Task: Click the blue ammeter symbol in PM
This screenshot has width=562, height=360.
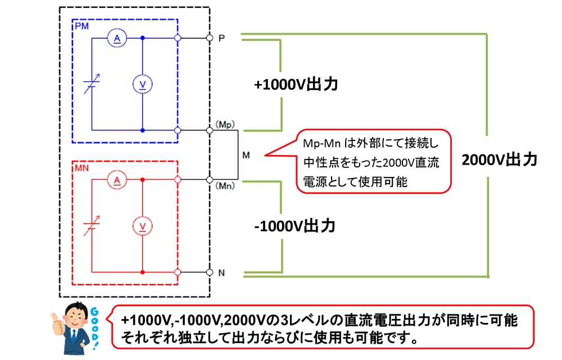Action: coord(117,38)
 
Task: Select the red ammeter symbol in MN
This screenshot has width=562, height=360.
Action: coord(117,180)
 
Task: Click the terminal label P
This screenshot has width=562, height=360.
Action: coord(221,38)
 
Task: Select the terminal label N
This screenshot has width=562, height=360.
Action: coord(221,274)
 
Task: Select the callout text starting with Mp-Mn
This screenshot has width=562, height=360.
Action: coord(371,163)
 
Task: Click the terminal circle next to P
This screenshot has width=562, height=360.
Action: coord(209,38)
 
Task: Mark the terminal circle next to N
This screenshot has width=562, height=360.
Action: coord(209,273)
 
